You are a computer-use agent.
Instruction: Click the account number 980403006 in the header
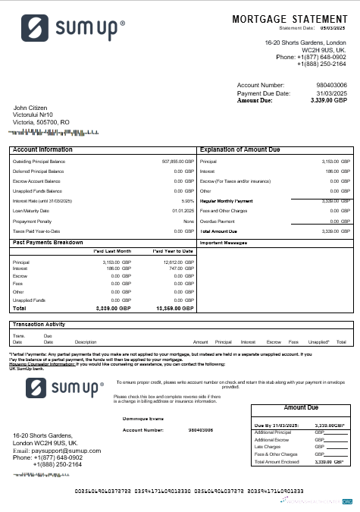point(331,85)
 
